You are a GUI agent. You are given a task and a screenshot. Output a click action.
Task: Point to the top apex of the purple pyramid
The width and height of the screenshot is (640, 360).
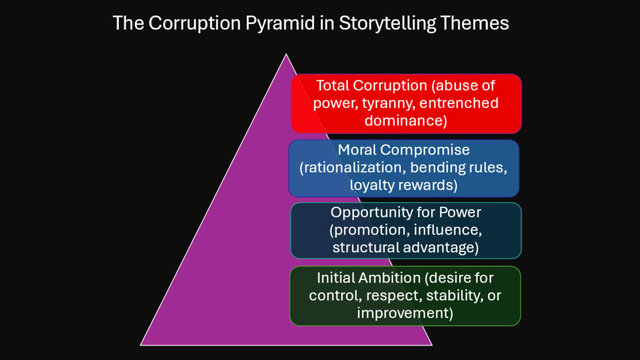[x=286, y=54]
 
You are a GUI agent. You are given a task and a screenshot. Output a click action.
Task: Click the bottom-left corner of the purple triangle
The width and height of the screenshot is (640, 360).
[x=141, y=344]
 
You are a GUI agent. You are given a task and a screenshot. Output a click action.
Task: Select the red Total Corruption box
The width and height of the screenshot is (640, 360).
[x=406, y=103]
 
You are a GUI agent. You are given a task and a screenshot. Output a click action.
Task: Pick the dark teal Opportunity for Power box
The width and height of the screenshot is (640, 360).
[x=406, y=229]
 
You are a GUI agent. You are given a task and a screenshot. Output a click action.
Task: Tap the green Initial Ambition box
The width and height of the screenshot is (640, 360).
[x=405, y=296]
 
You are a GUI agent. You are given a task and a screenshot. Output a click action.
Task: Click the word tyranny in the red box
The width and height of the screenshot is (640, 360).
[x=377, y=102]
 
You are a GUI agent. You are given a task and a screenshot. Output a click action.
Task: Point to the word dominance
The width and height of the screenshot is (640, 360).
[x=406, y=120]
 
